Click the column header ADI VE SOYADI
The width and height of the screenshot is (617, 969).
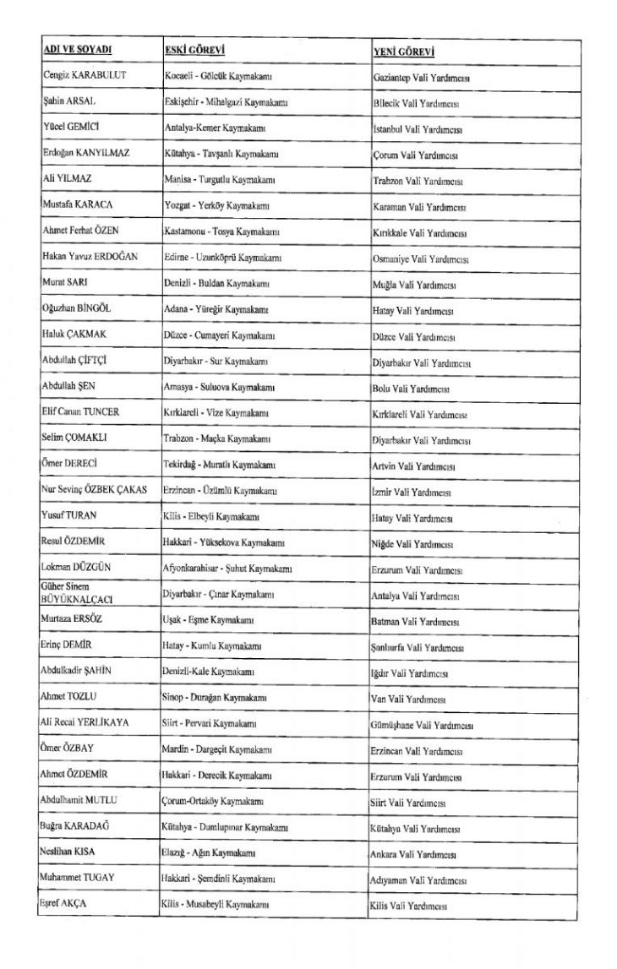pyautogui.click(x=78, y=51)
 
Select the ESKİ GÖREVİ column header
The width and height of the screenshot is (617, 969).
pyautogui.click(x=194, y=51)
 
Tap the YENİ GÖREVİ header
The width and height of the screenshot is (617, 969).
pyautogui.click(x=404, y=52)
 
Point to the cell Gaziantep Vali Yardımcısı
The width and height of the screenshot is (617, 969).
pyautogui.click(x=421, y=78)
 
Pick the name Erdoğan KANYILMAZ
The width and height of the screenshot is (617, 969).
pyautogui.click(x=87, y=155)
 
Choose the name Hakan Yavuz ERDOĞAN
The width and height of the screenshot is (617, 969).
pyautogui.click(x=90, y=256)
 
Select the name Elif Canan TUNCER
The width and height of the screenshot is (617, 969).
pyautogui.click(x=80, y=411)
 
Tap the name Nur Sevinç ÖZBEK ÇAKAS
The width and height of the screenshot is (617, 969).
pyautogui.click(x=93, y=490)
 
